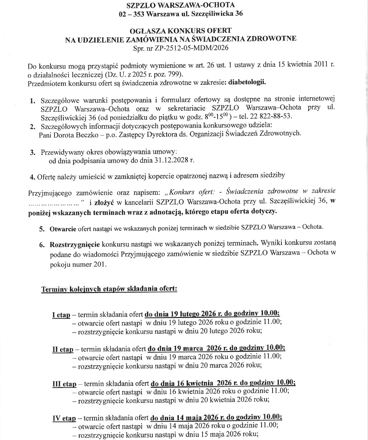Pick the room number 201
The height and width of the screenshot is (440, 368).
[x=98, y=264]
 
